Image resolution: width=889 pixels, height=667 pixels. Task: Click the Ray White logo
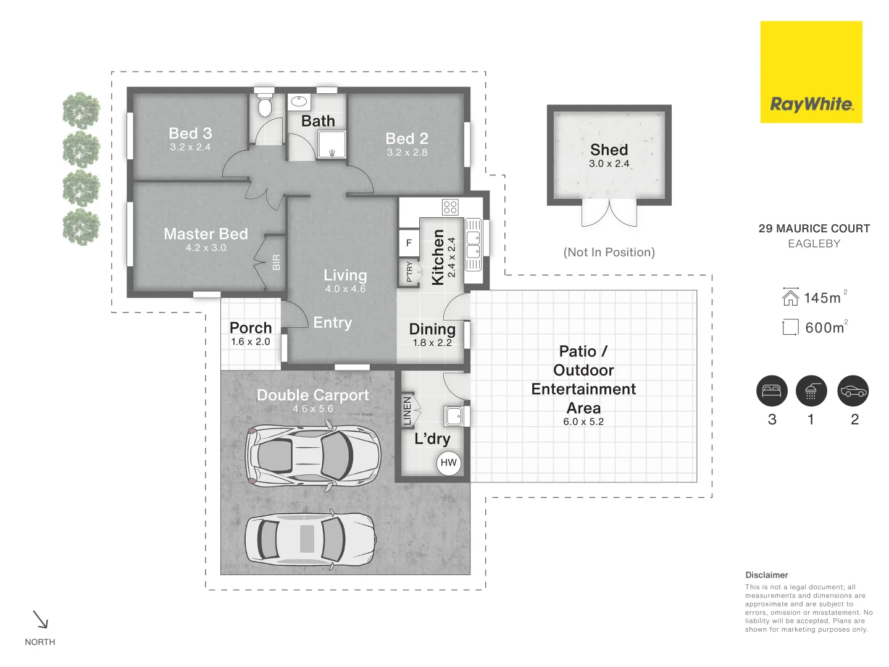811,72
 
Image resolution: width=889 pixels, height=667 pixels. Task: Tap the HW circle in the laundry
449,463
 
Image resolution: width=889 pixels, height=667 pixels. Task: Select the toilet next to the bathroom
265,106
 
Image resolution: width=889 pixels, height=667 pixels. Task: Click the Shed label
609,150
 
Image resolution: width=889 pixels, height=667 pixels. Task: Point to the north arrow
40,619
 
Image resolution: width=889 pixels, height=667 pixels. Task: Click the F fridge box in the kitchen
409,243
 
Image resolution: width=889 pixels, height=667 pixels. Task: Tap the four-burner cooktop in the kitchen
450,207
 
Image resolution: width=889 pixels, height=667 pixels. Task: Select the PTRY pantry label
409,272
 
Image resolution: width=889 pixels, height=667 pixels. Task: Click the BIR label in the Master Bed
276,262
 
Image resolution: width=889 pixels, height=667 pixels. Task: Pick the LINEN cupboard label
407,411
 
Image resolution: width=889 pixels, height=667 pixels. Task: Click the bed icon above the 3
772,391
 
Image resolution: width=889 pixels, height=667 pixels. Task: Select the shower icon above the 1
811,391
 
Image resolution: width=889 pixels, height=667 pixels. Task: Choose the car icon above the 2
853,391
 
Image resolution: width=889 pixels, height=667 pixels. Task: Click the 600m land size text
825,328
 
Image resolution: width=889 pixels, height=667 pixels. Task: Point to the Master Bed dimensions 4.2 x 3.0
206,248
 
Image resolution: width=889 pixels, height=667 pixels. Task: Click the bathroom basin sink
299,101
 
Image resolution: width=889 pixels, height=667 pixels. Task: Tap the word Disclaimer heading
766,575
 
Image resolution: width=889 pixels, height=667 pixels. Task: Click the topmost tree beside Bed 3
81,111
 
